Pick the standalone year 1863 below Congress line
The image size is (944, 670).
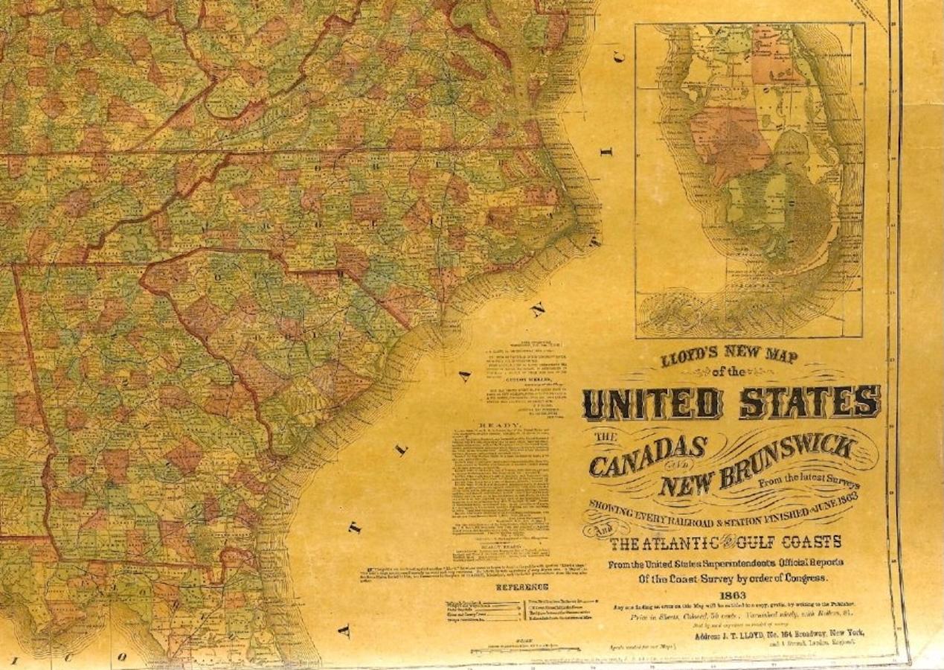click(x=733, y=595)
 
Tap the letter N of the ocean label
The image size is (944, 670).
click(x=538, y=308)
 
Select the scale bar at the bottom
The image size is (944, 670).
click(x=524, y=649)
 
